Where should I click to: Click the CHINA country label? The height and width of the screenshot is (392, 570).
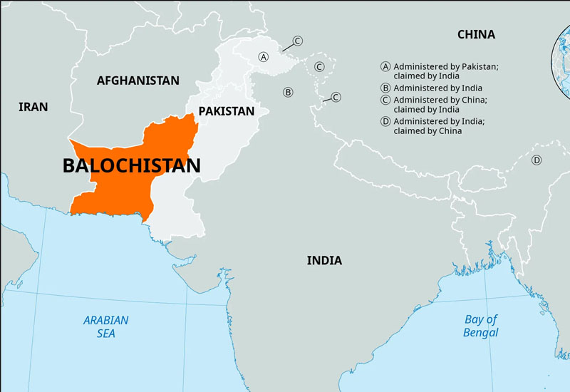(476, 34)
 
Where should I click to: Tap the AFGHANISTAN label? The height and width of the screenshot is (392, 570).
(138, 81)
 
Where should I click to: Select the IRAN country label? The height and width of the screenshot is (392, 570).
(33, 107)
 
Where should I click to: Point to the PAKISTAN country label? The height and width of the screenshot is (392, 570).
(226, 111)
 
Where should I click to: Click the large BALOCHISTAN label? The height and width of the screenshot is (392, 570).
(131, 166)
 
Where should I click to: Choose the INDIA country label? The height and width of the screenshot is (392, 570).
(324, 260)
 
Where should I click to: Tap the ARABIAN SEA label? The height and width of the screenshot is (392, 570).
(105, 326)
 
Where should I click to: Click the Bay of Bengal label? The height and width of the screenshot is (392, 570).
(481, 326)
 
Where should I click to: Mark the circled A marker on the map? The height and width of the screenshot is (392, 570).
(264, 56)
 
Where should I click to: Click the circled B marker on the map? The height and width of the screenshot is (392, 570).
(288, 92)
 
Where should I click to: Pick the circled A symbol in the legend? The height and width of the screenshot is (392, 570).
(385, 66)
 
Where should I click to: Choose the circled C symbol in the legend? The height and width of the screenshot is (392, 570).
(385, 100)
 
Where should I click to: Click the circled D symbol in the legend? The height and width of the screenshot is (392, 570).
(385, 122)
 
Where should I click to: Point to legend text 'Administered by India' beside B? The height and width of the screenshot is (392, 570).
(437, 88)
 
